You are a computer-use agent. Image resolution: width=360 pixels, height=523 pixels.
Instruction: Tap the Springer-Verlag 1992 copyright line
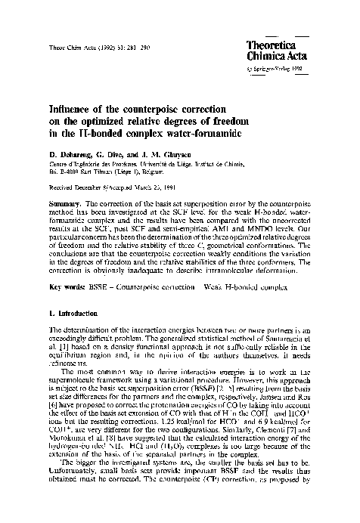(276, 67)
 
